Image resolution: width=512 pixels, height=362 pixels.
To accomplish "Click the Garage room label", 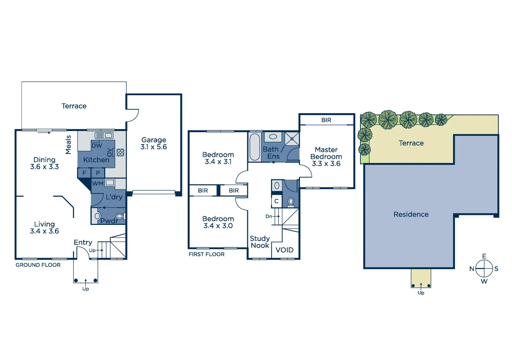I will coord(153,143).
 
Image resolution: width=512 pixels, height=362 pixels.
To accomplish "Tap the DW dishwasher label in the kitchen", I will coord(97,146).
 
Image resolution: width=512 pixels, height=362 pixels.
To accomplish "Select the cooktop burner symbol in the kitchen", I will coord(120,153).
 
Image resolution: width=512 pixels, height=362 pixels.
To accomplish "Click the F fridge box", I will coord(84,173).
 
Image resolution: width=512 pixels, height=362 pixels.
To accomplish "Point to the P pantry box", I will coord(98,173).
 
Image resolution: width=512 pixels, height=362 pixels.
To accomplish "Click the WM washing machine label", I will coord(98,184).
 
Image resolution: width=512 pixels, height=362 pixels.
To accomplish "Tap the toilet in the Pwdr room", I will coord(119,216).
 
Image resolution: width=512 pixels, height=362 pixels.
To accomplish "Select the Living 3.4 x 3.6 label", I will coord(45,228).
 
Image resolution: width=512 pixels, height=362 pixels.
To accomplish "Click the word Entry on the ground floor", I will coord(83,242).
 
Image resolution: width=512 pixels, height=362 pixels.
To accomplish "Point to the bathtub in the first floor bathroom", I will coord(255,147).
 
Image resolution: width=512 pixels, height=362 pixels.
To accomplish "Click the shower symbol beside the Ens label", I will coord(292,139).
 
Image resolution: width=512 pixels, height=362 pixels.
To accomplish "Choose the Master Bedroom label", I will coord(326,157).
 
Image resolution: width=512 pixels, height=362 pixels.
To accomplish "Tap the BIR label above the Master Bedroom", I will coord(326,120).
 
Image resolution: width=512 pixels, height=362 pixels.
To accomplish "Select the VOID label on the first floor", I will coord(284,250).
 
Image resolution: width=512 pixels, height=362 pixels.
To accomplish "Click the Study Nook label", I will coord(260,242).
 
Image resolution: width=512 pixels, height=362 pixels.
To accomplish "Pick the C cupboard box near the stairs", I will coord(276,201).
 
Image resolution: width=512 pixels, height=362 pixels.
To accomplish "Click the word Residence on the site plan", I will coord(411,215).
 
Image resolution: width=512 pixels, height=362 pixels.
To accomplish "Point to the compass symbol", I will coord(484,269).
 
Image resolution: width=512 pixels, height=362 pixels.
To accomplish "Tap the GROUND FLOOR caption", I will coord(38,265).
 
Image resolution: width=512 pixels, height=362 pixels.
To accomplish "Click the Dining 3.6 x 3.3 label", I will coord(45,163).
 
